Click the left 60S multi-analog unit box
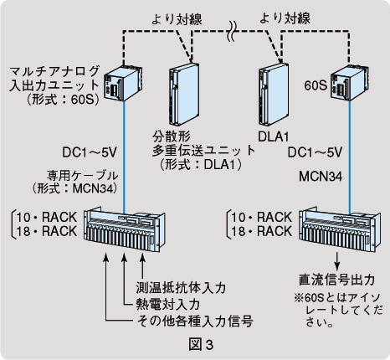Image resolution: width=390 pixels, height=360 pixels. coord(123,83)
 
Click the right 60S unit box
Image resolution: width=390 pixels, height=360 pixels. coord(350,83)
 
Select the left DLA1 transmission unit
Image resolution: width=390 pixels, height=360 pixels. coord(184,94)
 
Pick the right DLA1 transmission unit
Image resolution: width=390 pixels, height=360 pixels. coord(274,94)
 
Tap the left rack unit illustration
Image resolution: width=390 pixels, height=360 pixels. coord(124,229)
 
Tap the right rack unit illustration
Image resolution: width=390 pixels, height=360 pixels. coord(340,229)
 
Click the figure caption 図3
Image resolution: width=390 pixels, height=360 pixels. coord(201,345)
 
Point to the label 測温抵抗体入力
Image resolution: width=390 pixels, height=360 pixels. coord(181,288)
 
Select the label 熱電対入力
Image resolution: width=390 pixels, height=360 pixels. coord(167,304)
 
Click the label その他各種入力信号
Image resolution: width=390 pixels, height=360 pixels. coord(195,321)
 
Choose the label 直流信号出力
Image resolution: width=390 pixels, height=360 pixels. coord(336,280)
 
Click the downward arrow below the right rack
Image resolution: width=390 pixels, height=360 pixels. coord(337,261)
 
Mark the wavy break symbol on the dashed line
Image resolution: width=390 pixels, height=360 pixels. coord(233,31)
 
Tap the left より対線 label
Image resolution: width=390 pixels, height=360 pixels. coord(177,19)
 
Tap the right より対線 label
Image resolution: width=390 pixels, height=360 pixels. coord(285,18)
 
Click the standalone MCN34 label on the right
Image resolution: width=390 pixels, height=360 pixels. coord(321,177)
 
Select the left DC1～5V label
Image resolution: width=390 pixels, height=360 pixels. coord(89,152)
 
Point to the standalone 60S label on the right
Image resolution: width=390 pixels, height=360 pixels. coord(316,85)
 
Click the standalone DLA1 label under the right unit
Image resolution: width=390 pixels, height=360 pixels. coord(273,136)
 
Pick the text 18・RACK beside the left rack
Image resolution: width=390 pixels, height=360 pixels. coord(46,231)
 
